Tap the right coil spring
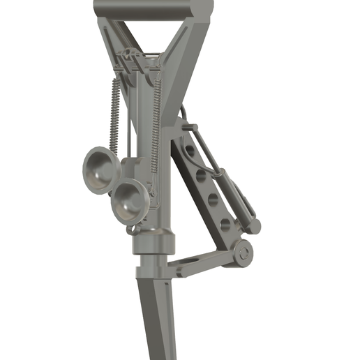click(x=156, y=119)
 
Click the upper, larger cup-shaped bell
click(x=97, y=170)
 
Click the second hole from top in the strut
click(x=202, y=174)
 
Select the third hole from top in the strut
click(x=213, y=200)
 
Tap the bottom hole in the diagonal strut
click(x=225, y=224)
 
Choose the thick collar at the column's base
click(x=153, y=242)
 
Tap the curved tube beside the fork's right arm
click(x=183, y=115)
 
